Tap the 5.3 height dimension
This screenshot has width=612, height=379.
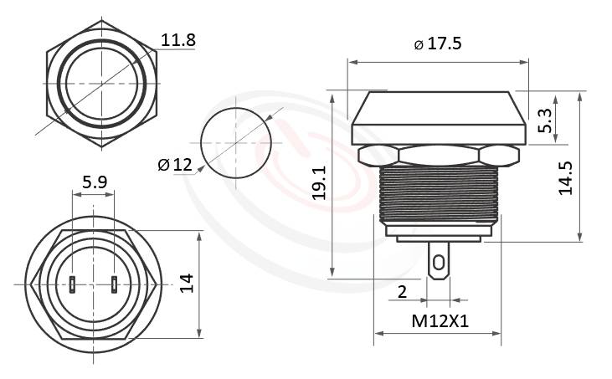545,121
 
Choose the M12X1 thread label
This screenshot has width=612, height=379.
438,320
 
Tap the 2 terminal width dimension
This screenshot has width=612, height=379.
402,291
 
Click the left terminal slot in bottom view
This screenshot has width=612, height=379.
74,284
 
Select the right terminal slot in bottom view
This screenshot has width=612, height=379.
114,284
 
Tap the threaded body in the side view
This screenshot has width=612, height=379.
438,192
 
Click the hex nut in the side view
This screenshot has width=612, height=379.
438,155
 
